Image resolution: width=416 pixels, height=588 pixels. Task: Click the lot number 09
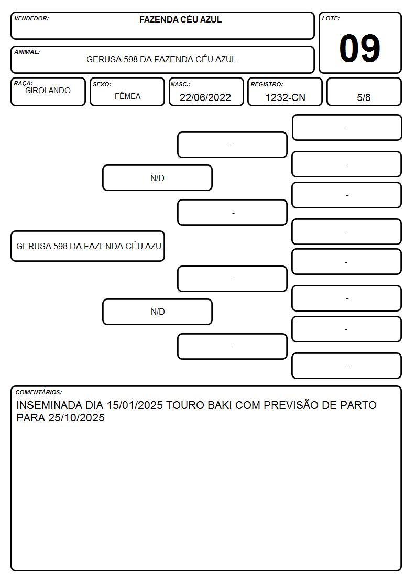point(359,48)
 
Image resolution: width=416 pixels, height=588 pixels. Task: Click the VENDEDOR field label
point(31,18)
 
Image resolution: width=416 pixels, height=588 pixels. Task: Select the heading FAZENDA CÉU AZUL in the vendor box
point(180,19)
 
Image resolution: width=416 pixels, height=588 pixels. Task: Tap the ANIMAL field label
point(27,52)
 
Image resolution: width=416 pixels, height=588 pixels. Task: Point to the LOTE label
point(331,18)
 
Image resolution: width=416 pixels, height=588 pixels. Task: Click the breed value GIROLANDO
point(48,91)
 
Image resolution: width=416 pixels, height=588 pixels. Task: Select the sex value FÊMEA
point(127,96)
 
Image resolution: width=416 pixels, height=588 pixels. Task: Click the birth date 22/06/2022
point(205,97)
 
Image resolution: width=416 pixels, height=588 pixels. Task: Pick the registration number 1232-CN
point(285,97)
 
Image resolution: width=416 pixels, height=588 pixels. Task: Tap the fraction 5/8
point(364,97)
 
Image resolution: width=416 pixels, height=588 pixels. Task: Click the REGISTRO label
point(267,85)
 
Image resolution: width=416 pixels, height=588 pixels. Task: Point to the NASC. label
point(180,85)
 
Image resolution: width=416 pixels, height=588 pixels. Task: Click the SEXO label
point(102,85)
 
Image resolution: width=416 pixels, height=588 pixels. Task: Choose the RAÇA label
point(23,83)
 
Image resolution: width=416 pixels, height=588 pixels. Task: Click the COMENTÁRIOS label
point(39,392)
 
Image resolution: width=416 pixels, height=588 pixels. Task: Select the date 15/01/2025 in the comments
point(135,405)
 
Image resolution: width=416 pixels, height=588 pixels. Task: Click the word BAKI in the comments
point(220,405)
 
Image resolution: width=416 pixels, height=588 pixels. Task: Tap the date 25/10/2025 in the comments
point(76,418)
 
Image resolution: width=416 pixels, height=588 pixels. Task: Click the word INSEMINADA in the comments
point(49,405)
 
